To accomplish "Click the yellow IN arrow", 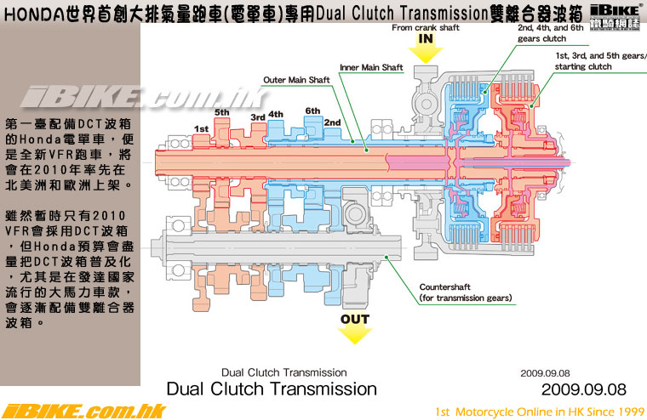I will coord(426,46).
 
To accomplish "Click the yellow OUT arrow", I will coord(355,328).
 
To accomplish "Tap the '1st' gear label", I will coord(201,128).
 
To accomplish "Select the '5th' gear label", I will coord(222,112).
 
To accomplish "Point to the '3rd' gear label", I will coord(257,116).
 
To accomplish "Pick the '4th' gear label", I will coord(276,113).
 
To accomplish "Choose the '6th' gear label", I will coord(312,111).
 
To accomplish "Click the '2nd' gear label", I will coord(332,122).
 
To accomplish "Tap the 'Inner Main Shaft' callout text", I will coord(371,65).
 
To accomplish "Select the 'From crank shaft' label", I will coord(425,27).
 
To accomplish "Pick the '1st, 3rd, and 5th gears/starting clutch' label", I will coord(600,60).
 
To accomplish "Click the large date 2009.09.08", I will coord(583,389).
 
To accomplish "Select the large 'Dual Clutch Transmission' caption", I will coord(272,389).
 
